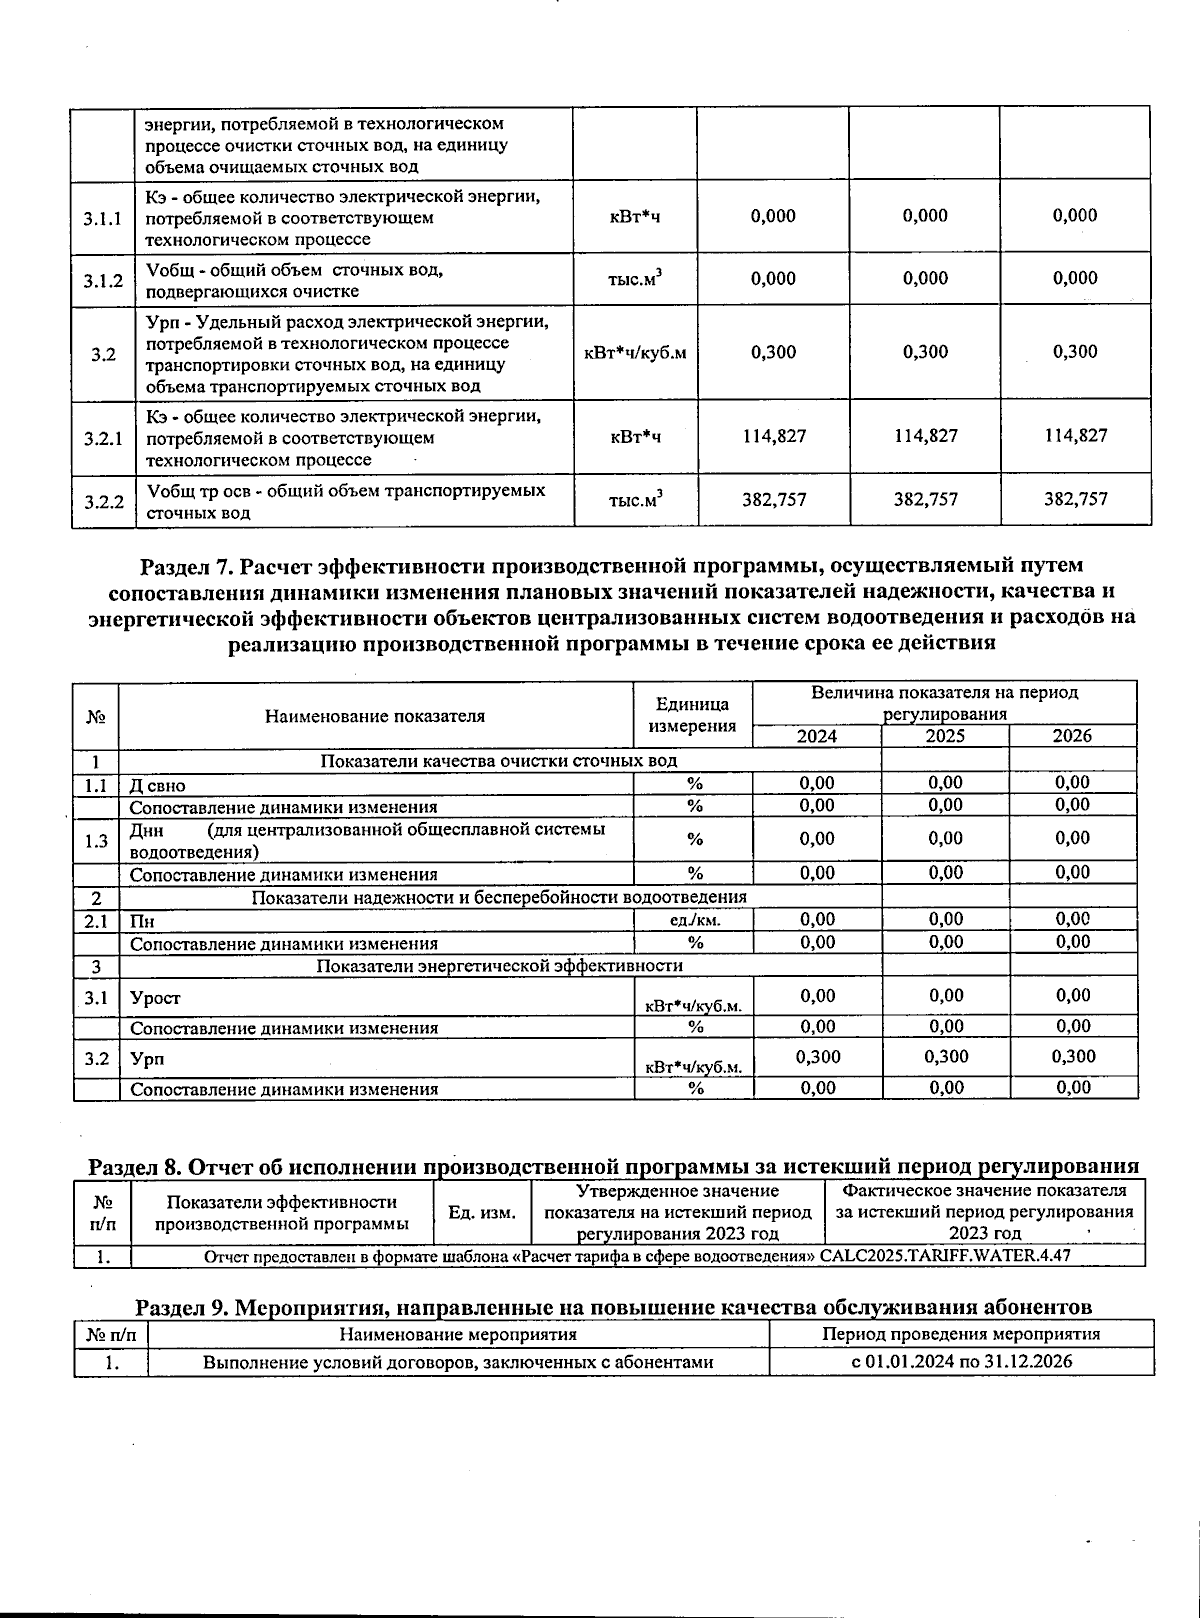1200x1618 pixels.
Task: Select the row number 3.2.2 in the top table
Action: pos(103,501)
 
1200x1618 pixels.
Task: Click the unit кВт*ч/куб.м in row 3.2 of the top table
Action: pos(635,353)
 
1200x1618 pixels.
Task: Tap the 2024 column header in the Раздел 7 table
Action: pos(816,736)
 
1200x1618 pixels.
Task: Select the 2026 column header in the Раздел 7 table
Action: pos(1072,736)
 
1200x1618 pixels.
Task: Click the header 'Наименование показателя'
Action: pos(375,716)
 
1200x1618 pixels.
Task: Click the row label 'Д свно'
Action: pos(158,785)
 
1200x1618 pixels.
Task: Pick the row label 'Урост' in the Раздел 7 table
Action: pos(156,997)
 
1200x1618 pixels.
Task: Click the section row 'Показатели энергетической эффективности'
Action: pos(500,966)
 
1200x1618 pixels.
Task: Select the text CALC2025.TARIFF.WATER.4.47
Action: pos(945,1256)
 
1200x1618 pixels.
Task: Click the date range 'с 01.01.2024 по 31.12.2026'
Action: pos(961,1361)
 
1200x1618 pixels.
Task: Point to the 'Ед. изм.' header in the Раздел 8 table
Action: pos(482,1213)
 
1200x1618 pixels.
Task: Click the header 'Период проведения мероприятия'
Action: pos(961,1334)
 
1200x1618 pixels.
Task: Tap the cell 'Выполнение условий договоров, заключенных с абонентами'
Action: pos(458,1362)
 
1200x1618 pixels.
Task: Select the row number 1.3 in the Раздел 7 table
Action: pos(96,841)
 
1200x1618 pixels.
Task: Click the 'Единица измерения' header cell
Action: pos(693,716)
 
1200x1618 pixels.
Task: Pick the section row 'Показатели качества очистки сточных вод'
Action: pos(498,761)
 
